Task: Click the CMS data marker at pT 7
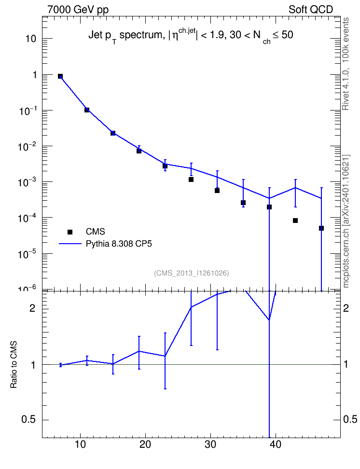tap(60, 76)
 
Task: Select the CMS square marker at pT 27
tap(191, 179)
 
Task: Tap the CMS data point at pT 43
tap(295, 221)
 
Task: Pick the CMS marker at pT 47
tap(321, 228)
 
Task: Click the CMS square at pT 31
tap(217, 191)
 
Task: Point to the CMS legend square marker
tap(70, 232)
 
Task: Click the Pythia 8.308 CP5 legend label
tap(119, 244)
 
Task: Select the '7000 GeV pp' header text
tap(78, 10)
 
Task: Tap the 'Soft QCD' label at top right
tap(311, 10)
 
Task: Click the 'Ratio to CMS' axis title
tap(14, 365)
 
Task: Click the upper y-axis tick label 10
tap(30, 39)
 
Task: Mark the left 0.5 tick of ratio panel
tap(29, 420)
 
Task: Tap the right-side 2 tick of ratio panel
tap(346, 308)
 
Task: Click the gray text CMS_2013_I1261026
tap(192, 273)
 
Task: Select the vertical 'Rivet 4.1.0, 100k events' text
tap(346, 64)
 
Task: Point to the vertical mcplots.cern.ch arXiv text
tap(346, 221)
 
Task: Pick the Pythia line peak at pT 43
tap(295, 188)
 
